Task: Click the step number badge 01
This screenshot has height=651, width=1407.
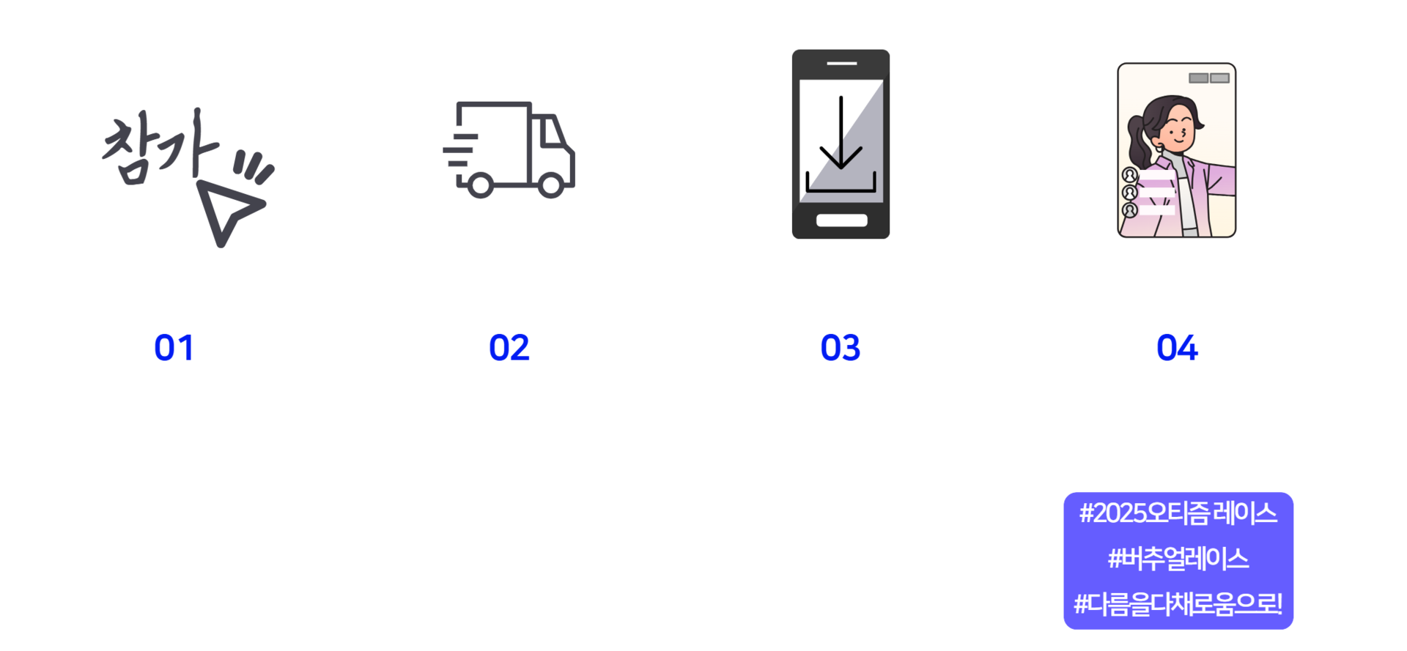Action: [x=174, y=346]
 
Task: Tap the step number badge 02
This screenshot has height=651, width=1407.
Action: [x=509, y=346]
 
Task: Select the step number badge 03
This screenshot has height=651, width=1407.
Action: [x=841, y=346]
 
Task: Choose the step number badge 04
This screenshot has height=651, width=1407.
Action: [x=1176, y=346]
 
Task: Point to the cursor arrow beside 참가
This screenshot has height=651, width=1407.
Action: [x=229, y=210]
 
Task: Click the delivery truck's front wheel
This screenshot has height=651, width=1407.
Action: [x=551, y=184]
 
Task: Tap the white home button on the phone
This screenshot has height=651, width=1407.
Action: [x=841, y=220]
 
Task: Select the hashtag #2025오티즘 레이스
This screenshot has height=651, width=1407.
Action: [x=1178, y=513]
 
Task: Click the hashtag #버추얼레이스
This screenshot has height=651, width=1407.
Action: [x=1178, y=559]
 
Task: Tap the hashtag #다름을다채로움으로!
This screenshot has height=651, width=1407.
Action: [x=1178, y=605]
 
